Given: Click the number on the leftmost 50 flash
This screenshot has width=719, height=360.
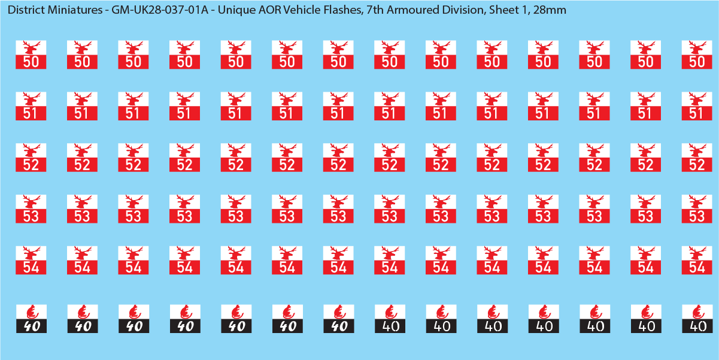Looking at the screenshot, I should coord(31,62).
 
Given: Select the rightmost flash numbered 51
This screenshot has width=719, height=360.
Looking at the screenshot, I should coord(696,107).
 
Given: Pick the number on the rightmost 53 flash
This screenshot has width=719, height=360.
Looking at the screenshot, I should coord(696,216).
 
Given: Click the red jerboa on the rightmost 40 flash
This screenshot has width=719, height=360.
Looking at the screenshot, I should coord(696,312).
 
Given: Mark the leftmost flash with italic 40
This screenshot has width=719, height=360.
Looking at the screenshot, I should coord(31,319).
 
